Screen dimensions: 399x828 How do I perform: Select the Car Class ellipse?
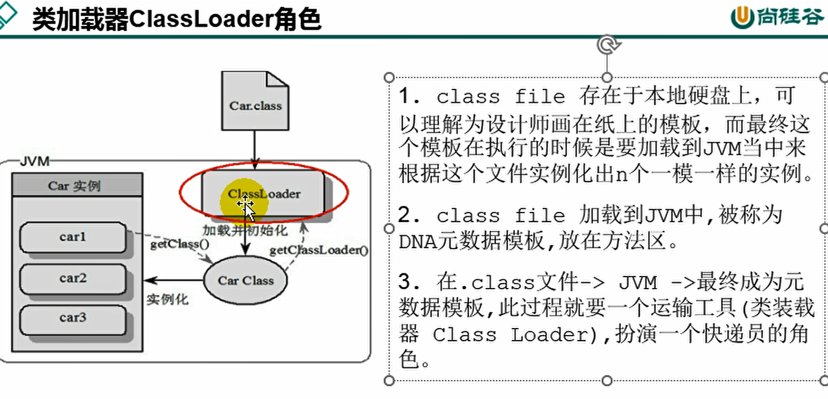(x=246, y=280)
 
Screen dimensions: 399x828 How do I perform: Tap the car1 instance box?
(x=73, y=238)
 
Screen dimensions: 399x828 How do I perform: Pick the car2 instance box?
(x=73, y=278)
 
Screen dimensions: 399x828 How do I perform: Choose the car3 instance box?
(x=73, y=318)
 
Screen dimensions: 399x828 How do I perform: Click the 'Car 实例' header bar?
(x=74, y=186)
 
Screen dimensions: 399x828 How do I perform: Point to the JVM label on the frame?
(x=34, y=161)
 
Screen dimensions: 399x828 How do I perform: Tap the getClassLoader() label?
(x=319, y=250)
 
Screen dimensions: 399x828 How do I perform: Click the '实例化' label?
(x=168, y=299)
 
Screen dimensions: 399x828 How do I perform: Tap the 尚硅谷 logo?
(x=777, y=17)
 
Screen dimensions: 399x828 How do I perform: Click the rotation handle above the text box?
(x=608, y=45)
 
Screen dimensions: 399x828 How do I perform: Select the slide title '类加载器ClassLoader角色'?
(x=177, y=20)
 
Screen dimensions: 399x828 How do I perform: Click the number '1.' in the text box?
(x=411, y=96)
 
